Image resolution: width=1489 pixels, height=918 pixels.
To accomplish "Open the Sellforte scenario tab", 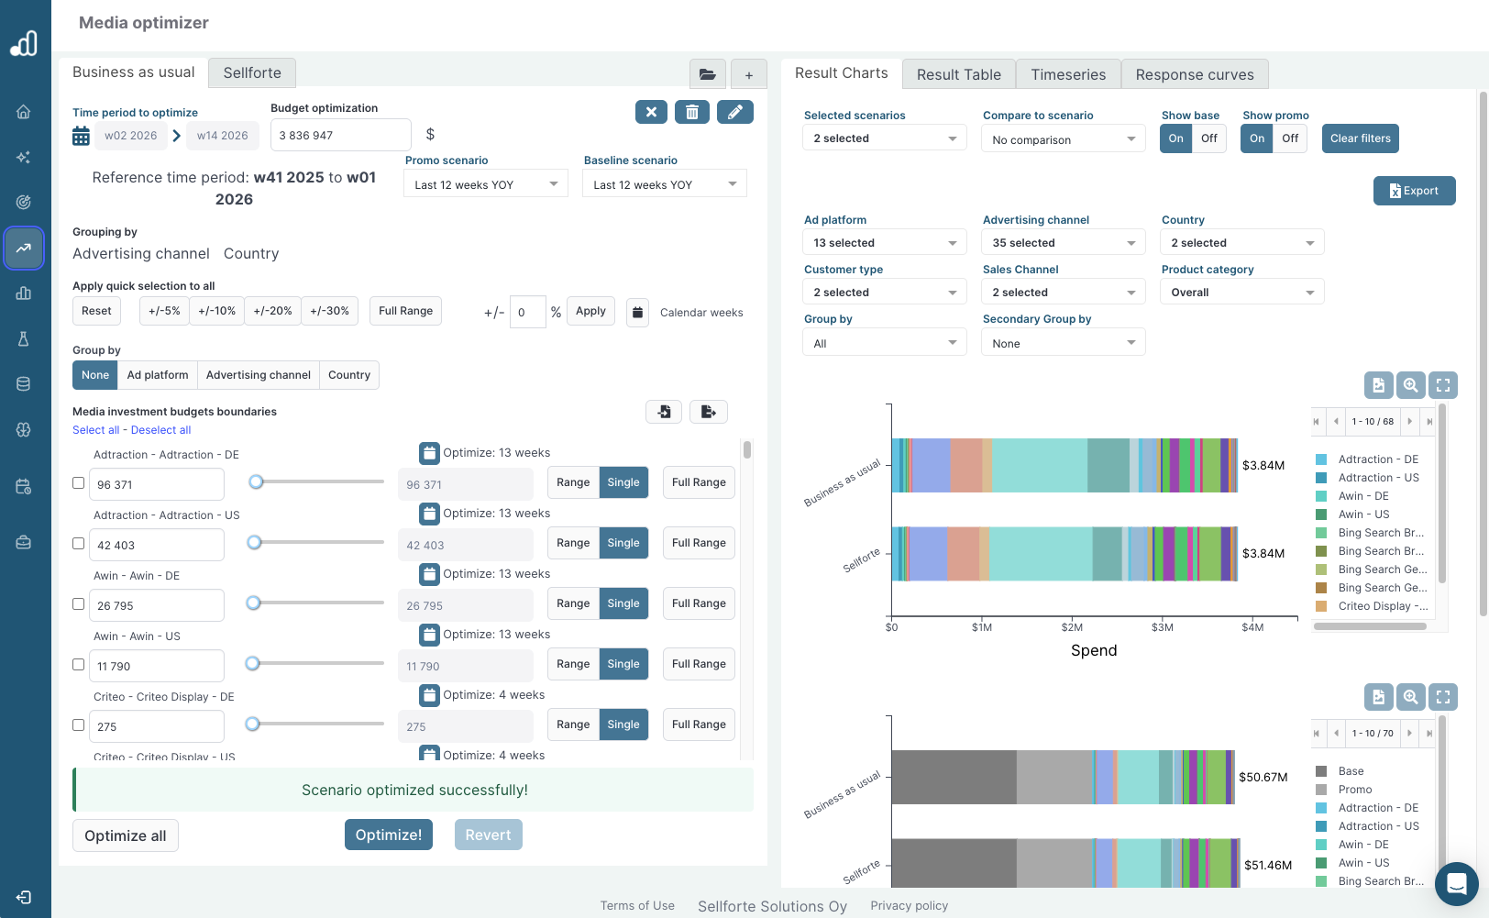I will point(252,73).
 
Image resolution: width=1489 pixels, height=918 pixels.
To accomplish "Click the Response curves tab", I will point(1194,75).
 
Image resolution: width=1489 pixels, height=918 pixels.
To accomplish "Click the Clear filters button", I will point(1360,138).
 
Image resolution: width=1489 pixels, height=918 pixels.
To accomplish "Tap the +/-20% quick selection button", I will point(272,311).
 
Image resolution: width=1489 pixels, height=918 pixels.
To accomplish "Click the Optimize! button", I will point(388,835).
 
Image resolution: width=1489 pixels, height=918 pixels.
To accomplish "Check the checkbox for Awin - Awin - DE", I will point(79,604).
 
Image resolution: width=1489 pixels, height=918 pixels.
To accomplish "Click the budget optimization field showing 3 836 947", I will point(340,136).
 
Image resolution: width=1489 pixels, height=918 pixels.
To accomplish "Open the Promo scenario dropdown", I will point(485,184).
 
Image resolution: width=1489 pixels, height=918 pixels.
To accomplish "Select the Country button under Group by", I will point(348,375).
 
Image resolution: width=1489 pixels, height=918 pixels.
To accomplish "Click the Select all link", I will point(95,430).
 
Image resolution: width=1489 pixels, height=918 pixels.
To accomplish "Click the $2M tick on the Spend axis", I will point(1072,627).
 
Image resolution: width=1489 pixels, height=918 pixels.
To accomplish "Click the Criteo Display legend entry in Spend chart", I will point(1382,606).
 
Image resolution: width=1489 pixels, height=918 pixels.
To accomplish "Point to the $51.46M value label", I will point(1267,865).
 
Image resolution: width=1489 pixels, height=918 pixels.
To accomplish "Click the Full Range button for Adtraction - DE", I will point(698,482).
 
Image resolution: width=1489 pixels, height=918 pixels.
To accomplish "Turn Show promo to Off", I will point(1289,138).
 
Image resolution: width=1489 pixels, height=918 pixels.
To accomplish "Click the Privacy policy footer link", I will point(909,906).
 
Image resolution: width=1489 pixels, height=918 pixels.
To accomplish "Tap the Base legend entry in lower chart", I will point(1351,771).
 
